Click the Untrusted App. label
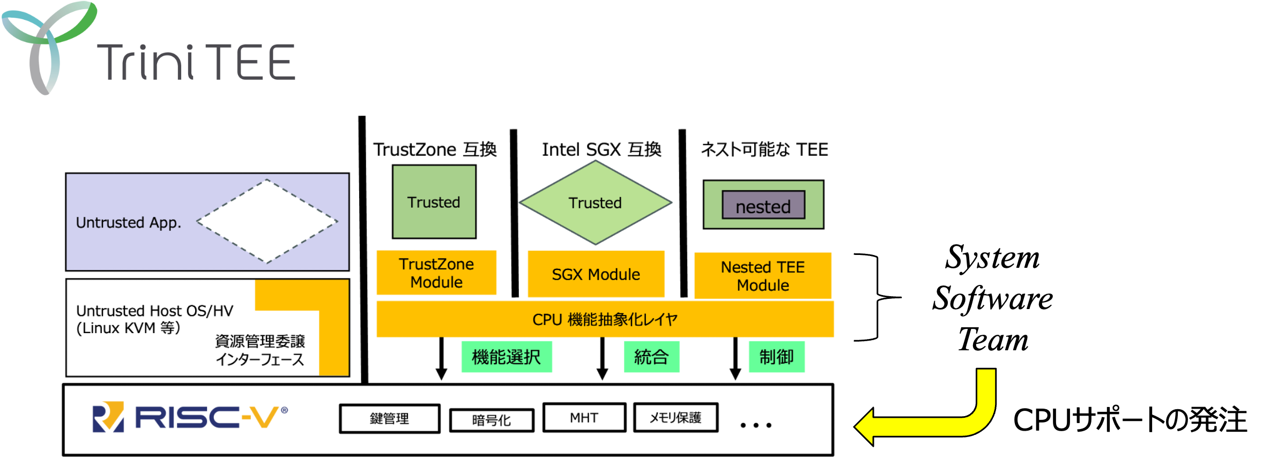coord(129,222)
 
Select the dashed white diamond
coord(267,221)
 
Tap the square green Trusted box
coord(434,202)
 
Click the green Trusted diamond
coord(595,202)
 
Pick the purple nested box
coord(763,206)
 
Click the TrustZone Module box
coord(436,273)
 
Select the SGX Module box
coord(596,274)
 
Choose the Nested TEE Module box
coord(762,276)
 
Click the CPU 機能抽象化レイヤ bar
coord(605,319)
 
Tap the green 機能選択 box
coord(506,357)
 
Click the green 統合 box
coord(651,357)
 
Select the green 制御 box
coord(776,357)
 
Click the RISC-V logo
coord(190,417)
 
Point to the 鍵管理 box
coord(390,419)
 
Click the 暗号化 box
coord(492,420)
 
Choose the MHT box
coord(584,418)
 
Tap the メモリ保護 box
coord(675,418)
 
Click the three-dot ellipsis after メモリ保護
coord(756,425)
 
